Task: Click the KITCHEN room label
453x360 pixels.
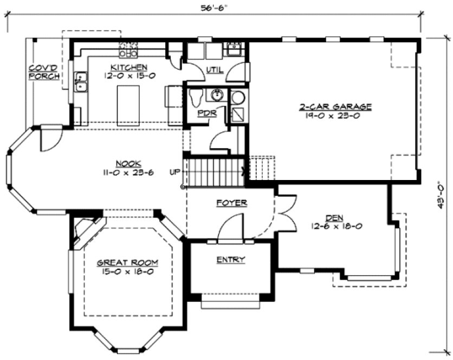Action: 128,67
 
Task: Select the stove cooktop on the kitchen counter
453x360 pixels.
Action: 128,50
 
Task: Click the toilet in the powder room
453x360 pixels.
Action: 196,98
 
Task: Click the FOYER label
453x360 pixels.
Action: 231,203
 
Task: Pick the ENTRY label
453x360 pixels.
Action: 231,259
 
